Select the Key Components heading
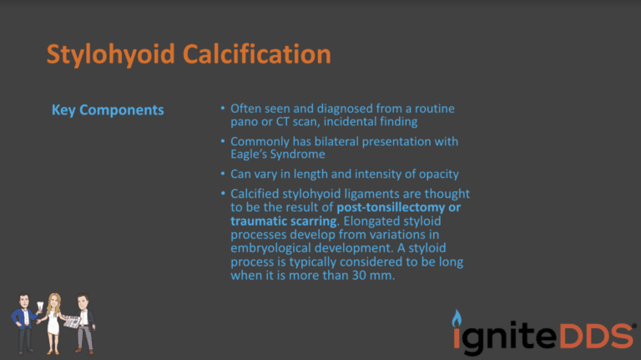tap(108, 110)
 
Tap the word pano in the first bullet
tap(244, 122)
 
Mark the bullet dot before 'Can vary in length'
tap(222, 174)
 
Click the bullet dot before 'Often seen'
tap(222, 109)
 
